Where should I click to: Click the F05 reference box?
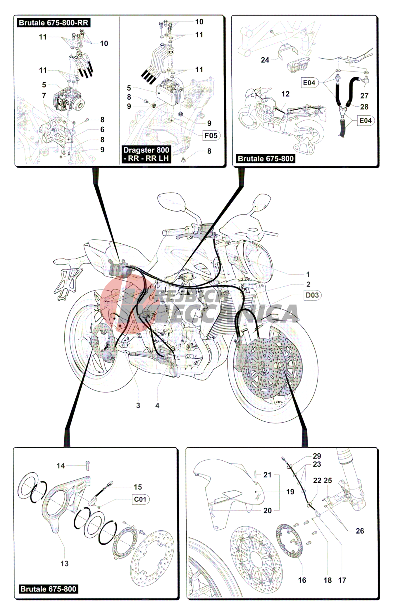tap(211, 136)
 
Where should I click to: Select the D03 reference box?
tap(312, 295)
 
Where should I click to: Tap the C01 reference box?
tap(140, 499)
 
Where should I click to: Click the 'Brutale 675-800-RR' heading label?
tap(54, 23)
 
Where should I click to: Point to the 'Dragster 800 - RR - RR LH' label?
tap(146, 154)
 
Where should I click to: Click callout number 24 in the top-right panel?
tap(265, 60)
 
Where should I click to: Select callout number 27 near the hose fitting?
tap(364, 96)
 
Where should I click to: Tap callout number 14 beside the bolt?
tap(61, 466)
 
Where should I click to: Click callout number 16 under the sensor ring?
tap(302, 580)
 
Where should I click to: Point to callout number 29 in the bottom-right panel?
tap(317, 456)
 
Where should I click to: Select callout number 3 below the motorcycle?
tap(138, 405)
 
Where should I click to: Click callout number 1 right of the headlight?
tap(308, 274)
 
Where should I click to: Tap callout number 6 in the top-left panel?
tap(102, 129)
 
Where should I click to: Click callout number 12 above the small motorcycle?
tap(285, 94)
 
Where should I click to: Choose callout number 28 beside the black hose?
tap(364, 107)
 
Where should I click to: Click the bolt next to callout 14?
tap(88, 465)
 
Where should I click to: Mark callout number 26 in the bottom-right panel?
tap(360, 531)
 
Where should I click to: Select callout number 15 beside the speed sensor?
tap(138, 487)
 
